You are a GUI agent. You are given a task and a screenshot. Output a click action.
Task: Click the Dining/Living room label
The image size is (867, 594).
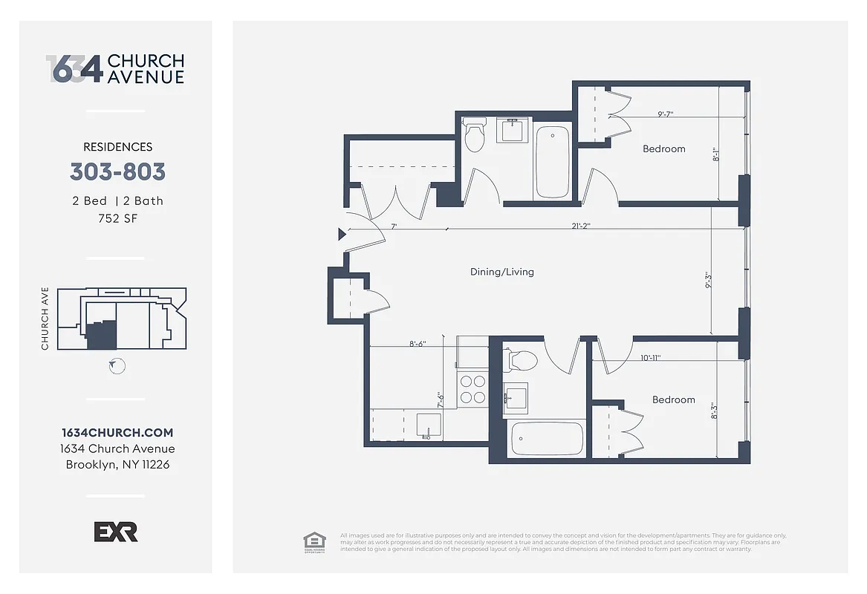pos(501,272)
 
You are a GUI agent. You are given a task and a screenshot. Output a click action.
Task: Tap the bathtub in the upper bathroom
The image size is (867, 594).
pos(552,161)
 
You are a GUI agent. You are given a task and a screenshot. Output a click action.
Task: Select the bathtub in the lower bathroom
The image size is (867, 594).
pos(547,438)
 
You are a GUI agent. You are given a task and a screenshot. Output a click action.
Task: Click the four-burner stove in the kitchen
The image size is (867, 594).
pos(473,389)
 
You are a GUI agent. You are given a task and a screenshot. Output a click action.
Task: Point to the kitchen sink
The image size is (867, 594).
pos(428,425)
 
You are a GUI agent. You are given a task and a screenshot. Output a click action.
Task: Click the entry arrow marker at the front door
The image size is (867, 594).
pos(342,235)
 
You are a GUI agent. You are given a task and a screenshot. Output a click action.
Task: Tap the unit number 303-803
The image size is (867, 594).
pos(117,172)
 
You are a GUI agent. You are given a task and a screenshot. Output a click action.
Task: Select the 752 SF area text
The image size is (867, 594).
pos(117,218)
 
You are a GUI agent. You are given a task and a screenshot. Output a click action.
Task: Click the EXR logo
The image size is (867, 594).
pos(116,532)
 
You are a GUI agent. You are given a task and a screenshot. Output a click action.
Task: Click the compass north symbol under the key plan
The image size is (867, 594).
pos(117,366)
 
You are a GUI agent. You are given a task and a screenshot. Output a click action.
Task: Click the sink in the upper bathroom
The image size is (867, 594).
pos(515,131)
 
